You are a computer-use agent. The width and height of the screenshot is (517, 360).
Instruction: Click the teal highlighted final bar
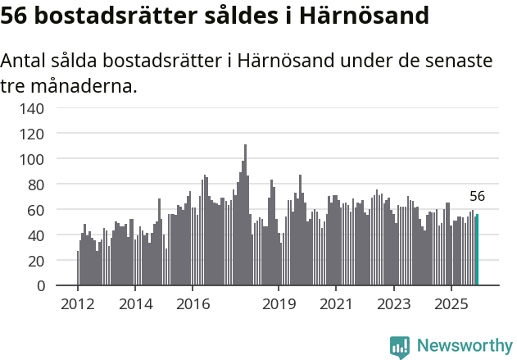click(477, 250)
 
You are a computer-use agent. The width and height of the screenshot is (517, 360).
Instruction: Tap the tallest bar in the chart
click(245, 215)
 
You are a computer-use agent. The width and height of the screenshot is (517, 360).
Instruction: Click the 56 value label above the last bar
click(478, 197)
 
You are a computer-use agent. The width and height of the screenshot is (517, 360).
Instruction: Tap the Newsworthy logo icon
click(400, 346)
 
